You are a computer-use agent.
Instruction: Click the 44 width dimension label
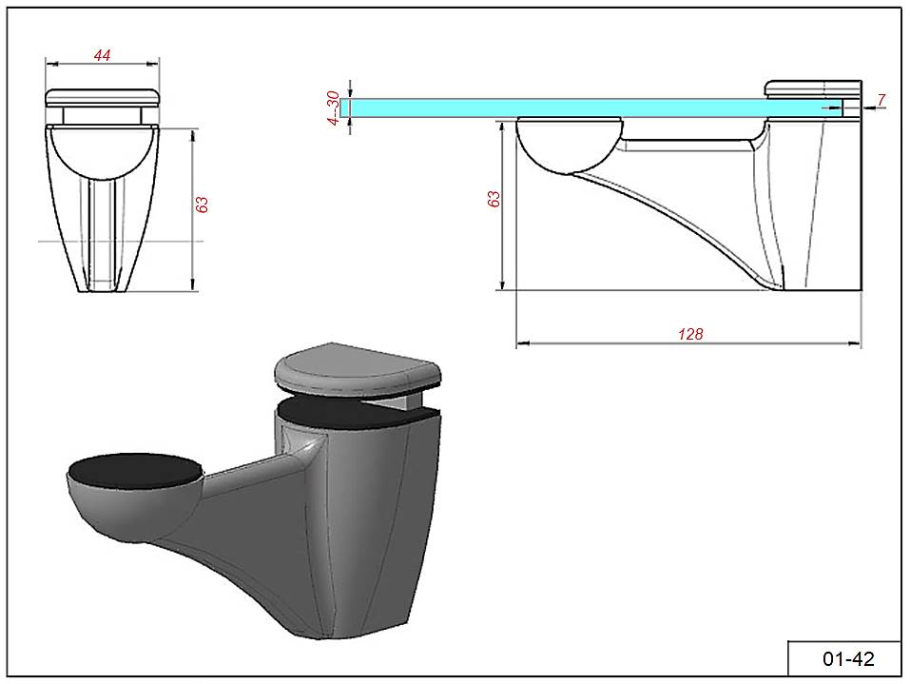102,55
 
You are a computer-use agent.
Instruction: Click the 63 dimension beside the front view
202,205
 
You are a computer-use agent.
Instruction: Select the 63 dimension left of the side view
494,199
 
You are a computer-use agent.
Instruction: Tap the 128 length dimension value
690,334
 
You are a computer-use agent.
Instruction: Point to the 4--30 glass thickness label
333,107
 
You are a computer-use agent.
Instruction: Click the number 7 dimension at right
881,100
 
